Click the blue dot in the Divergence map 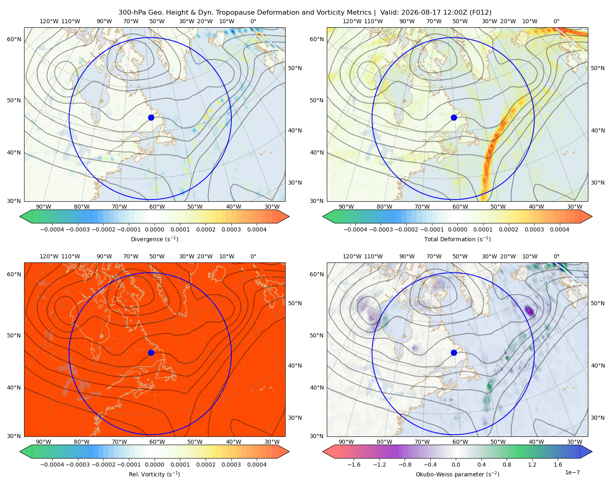tap(151, 118)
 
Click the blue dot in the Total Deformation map tap(454, 118)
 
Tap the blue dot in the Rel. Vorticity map tap(151, 352)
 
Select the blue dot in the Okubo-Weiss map tap(454, 352)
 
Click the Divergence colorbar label tap(154, 239)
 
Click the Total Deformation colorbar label tap(457, 239)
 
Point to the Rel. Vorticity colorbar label tap(154, 474)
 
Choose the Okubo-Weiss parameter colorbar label tap(457, 474)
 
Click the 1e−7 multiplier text tap(572, 473)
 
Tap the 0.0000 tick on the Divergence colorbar tap(154, 229)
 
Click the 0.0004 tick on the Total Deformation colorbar tap(559, 229)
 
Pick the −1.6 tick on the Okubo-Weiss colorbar tap(354, 465)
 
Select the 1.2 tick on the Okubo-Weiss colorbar tap(532, 465)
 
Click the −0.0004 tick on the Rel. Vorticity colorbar tap(52, 465)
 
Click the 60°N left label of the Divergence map tap(14, 39)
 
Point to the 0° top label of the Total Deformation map tap(556, 21)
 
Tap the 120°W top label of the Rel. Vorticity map tap(49, 256)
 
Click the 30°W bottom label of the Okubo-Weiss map tap(574, 442)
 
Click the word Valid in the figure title tap(389, 13)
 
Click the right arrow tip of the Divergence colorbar tap(289, 216)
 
